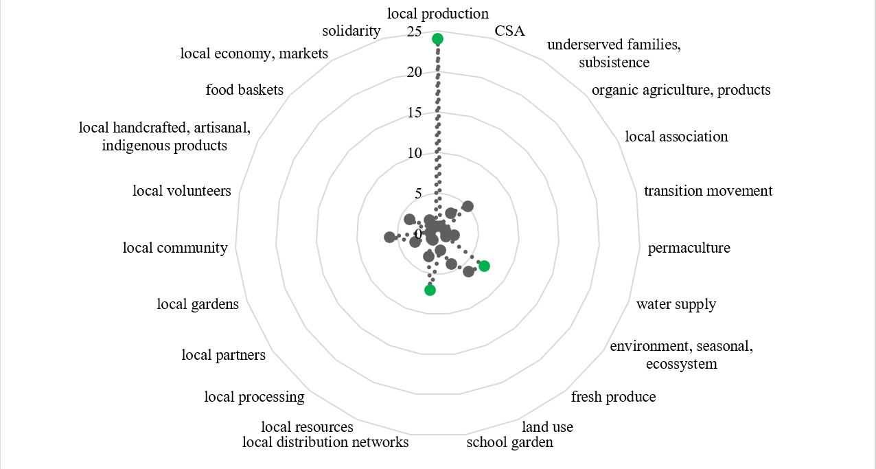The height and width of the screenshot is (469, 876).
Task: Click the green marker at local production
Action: [x=437, y=39]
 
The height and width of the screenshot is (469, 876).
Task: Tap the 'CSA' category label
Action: [x=509, y=31]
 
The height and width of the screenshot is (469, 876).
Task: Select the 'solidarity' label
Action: [x=351, y=31]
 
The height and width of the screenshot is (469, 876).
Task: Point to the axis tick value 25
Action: [x=414, y=32]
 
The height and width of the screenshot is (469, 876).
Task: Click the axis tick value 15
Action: [x=414, y=113]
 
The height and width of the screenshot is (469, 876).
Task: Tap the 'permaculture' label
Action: [x=689, y=248]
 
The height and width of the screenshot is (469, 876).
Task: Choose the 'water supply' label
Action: [x=676, y=304]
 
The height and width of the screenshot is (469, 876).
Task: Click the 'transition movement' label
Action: [x=708, y=191]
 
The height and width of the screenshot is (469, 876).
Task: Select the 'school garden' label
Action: [x=510, y=442]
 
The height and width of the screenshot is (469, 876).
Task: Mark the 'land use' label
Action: [x=548, y=427]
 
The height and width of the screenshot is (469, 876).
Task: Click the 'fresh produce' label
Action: [x=614, y=397]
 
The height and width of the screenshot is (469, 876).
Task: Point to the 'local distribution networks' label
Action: [x=325, y=442]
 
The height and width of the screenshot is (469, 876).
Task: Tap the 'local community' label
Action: [x=175, y=248]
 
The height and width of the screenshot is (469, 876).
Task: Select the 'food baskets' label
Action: [x=244, y=90]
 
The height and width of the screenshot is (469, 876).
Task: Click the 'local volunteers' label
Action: [x=182, y=191]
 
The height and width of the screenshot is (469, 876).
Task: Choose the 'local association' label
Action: [x=676, y=136]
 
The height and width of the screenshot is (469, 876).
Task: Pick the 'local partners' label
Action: [x=224, y=355]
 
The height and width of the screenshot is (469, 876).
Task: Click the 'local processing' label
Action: [x=254, y=397]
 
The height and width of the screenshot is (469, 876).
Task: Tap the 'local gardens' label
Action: [x=198, y=304]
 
